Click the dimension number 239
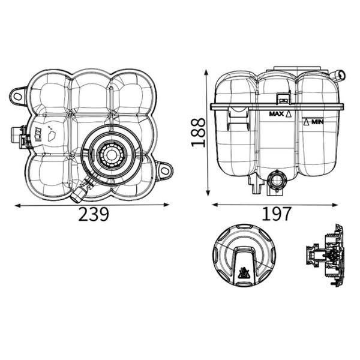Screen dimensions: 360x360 (93, 214)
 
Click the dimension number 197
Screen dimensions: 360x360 (277, 214)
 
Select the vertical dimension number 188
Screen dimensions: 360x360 (198, 132)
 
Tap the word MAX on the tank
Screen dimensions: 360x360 (277, 113)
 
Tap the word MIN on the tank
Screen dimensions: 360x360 (317, 122)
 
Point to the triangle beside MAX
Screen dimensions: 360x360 (289, 114)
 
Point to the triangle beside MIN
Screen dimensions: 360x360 (306, 122)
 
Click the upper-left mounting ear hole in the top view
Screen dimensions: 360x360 (17, 97)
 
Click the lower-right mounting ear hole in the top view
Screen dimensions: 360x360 (164, 170)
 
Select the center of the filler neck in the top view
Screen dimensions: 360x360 (112, 155)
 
